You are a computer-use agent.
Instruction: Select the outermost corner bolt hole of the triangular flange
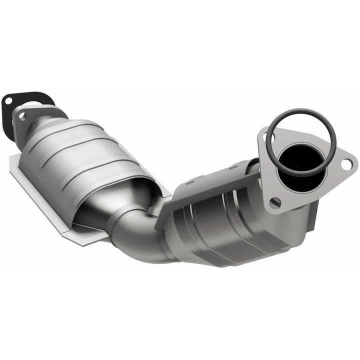[x=346, y=163]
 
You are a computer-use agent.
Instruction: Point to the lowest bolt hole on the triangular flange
[x=274, y=202]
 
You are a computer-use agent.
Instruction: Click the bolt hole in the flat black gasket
[x=8, y=102]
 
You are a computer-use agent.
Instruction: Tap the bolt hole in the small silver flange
[x=21, y=116]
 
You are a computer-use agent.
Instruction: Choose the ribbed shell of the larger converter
[x=85, y=150]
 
